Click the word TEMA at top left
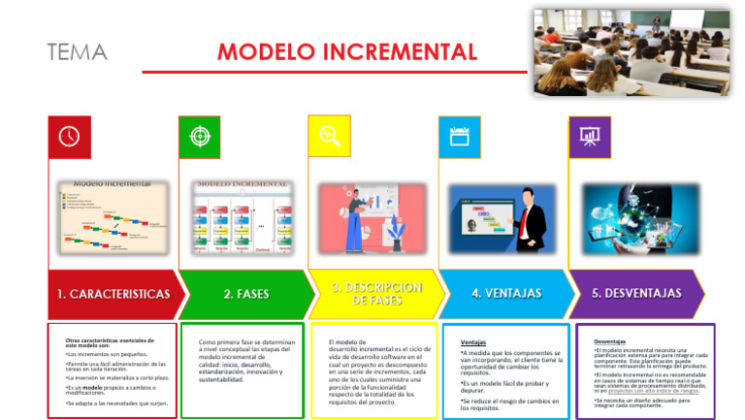(x=78, y=52)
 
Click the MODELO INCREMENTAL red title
(x=346, y=51)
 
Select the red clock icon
(x=69, y=137)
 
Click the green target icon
(x=199, y=137)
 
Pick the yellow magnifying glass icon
(x=329, y=137)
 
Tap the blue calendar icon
(x=459, y=137)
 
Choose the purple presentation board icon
(x=589, y=137)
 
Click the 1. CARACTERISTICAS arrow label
(x=113, y=294)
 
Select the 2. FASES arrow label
(x=246, y=294)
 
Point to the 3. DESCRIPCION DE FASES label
(x=376, y=294)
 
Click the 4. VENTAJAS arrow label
(x=506, y=293)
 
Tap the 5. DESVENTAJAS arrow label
(x=637, y=293)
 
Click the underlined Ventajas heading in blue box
(x=473, y=342)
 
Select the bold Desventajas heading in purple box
(x=609, y=341)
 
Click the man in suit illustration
(x=529, y=220)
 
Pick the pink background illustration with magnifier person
(x=372, y=218)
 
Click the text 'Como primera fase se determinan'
(x=246, y=342)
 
